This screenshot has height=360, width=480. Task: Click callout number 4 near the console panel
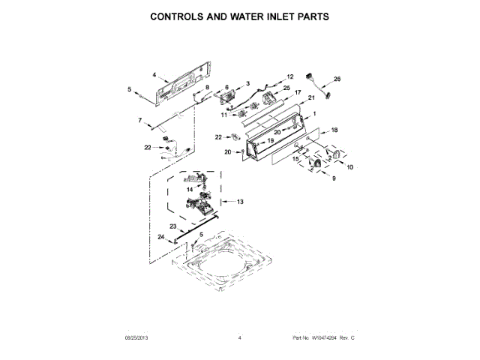(x=154, y=74)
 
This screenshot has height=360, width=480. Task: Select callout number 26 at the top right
(x=337, y=79)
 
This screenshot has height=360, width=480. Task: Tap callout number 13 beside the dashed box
(x=241, y=202)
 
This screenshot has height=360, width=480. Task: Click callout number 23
(x=172, y=226)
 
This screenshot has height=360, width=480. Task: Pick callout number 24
(x=160, y=237)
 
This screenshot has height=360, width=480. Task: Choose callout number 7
(x=139, y=120)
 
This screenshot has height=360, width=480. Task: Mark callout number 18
(x=334, y=130)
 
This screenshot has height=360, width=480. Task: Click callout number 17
(x=298, y=92)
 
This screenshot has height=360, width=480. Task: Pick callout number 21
(x=311, y=98)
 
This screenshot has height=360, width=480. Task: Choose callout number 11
(x=223, y=115)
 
